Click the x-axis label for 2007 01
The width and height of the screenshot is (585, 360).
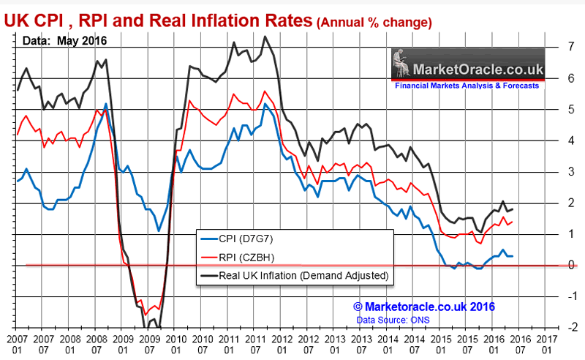pyautogui.click(x=17, y=345)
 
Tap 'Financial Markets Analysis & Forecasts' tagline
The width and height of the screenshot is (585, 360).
pyautogui.click(x=467, y=86)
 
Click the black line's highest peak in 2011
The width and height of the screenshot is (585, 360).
pyautogui.click(x=264, y=37)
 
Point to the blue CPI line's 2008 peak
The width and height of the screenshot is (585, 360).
pyautogui.click(x=106, y=104)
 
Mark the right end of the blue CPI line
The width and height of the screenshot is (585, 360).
pyautogui.click(x=511, y=256)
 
